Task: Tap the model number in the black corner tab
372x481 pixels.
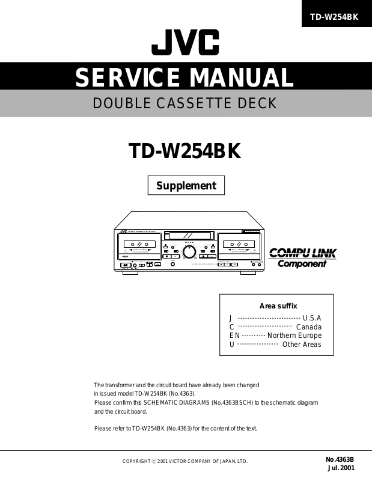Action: [x=334, y=17]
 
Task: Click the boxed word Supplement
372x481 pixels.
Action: [x=186, y=186]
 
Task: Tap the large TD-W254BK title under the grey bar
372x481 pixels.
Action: [x=185, y=152]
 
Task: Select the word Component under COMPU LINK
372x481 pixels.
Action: [x=302, y=264]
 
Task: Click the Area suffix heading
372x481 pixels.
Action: [x=278, y=306]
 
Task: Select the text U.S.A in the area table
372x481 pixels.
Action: [x=312, y=318]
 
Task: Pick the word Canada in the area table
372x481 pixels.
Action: [x=308, y=327]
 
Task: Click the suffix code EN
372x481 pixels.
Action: [x=234, y=335]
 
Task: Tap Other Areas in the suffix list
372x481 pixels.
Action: [x=302, y=345]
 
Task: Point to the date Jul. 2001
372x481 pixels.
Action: [x=341, y=468]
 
